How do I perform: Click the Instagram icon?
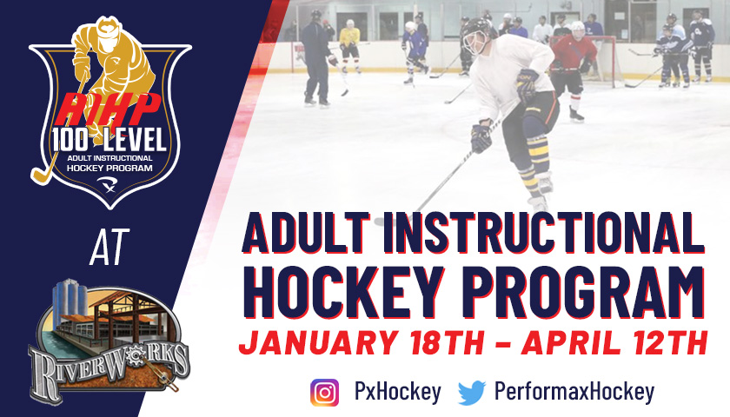(x=324, y=393)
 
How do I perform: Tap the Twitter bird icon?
(x=472, y=393)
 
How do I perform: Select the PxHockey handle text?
(x=398, y=392)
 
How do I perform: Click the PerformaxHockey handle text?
(x=574, y=392)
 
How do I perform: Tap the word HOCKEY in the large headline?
(x=343, y=292)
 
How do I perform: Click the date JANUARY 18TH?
(x=361, y=342)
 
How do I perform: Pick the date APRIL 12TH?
(x=614, y=342)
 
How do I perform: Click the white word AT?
(x=109, y=247)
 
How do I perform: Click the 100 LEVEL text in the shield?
(x=109, y=140)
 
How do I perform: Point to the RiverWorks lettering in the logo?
(x=109, y=368)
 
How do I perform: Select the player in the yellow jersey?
(x=349, y=45)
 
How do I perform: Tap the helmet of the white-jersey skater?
(x=478, y=35)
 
